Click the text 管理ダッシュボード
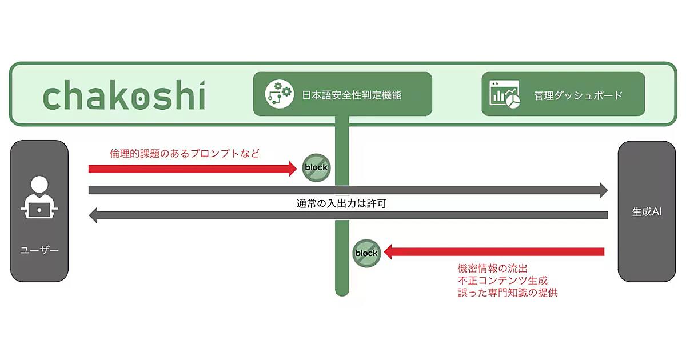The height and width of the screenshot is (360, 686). click(578, 95)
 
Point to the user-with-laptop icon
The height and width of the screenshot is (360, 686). click(39, 197)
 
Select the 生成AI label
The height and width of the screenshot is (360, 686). click(647, 211)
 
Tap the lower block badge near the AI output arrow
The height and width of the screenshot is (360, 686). click(366, 253)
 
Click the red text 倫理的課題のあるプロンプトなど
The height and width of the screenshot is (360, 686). click(185, 153)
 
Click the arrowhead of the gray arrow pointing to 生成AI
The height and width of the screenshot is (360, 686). click(603, 190)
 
